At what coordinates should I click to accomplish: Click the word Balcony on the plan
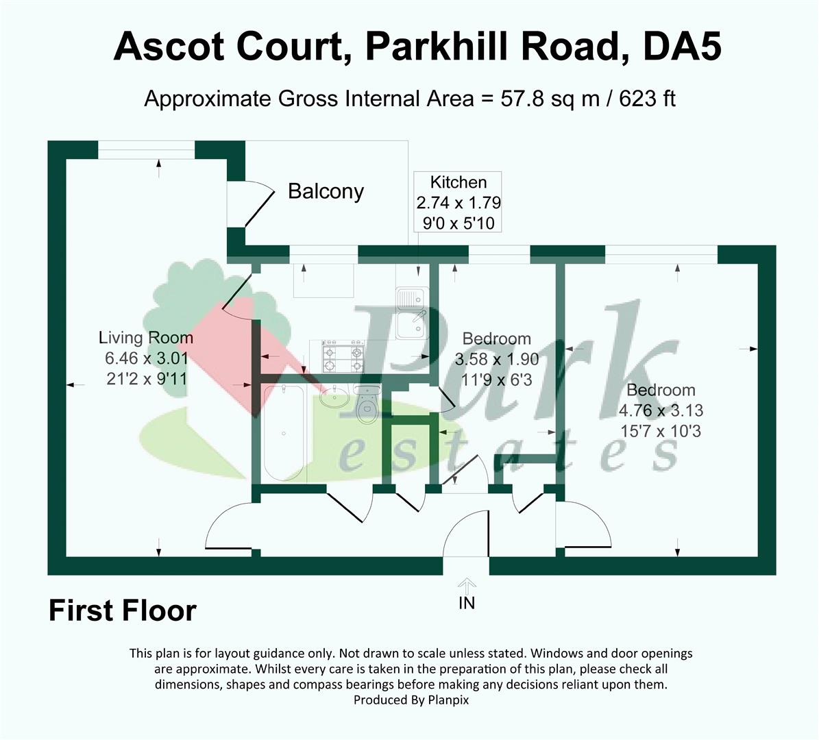[326, 192]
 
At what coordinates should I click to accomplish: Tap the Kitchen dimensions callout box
[458, 202]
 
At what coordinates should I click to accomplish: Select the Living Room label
[146, 338]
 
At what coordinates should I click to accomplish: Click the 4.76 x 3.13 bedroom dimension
[661, 410]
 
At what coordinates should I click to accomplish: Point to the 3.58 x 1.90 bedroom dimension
[497, 359]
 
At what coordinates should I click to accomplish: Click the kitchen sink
[412, 313]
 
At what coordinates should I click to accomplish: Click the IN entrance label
[467, 603]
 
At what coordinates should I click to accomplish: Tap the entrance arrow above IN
[467, 584]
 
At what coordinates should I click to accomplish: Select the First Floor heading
[123, 610]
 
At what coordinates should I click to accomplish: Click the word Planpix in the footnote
[448, 700]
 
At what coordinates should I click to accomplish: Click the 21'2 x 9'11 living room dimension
[147, 379]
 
